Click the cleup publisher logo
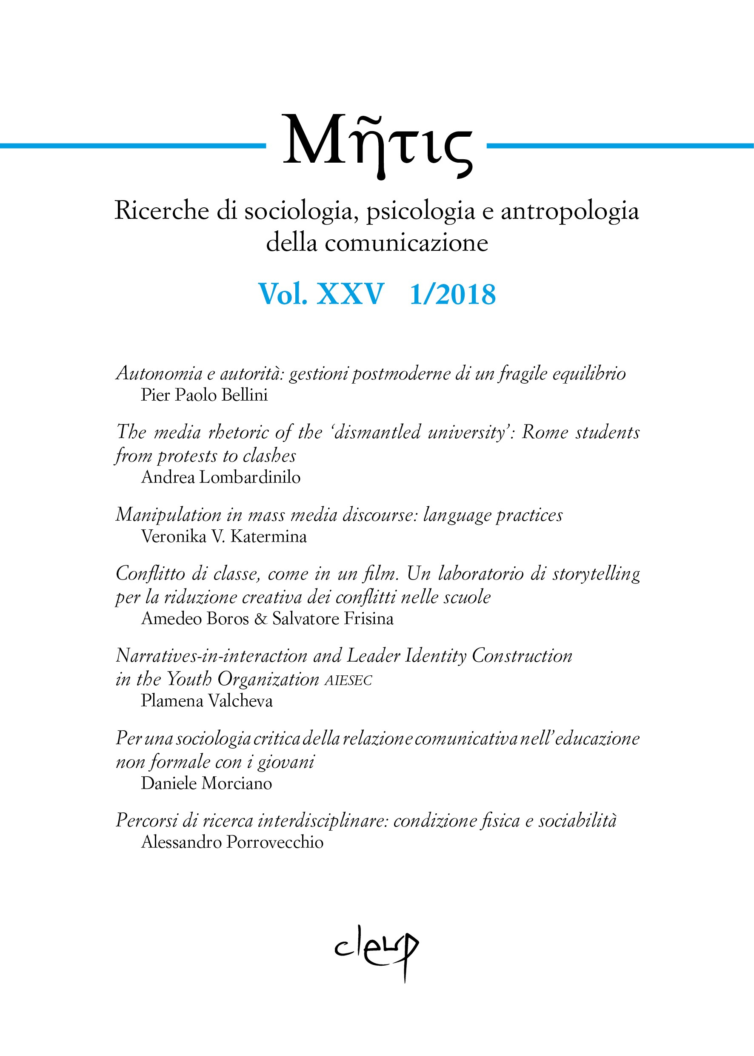377,950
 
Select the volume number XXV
350,294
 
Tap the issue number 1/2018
453,295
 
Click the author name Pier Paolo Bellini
204,395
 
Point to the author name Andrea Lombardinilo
220,477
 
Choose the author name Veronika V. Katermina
224,537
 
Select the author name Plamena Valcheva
207,700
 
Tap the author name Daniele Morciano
207,783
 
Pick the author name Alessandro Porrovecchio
232,842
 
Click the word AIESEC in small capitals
348,680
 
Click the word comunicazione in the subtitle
406,243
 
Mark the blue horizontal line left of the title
132,146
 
